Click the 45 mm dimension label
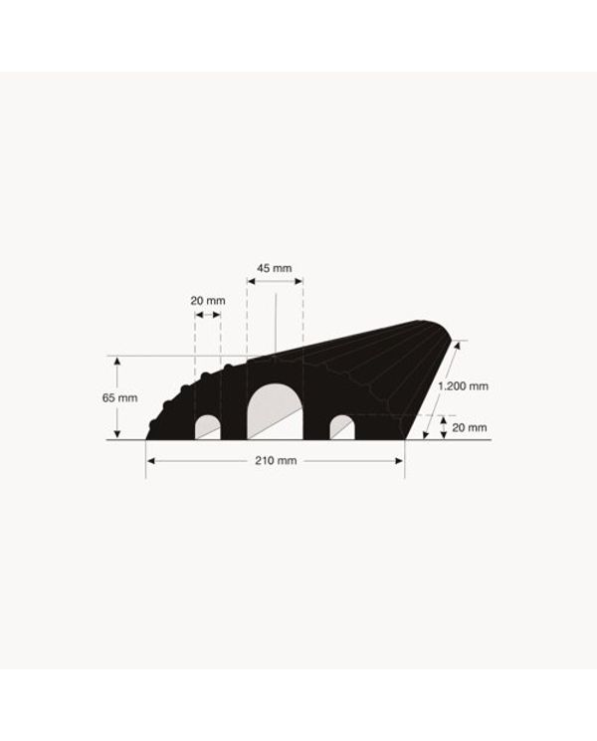(275, 269)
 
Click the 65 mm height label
(119, 398)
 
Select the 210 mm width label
(276, 460)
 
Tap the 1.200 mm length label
(463, 386)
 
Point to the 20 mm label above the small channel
(208, 301)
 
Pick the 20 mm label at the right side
(470, 427)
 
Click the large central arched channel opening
(275, 411)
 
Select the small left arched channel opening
(208, 427)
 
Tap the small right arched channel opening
(342, 427)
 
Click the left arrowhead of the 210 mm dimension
(151, 461)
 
